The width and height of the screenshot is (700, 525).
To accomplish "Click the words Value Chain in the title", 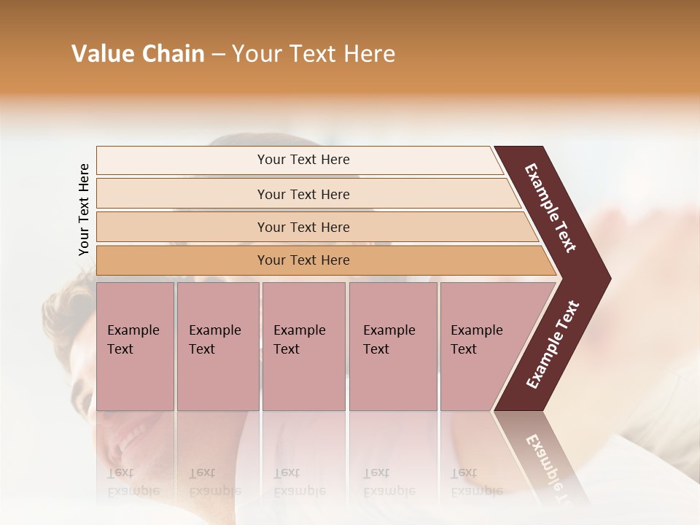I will (138, 54).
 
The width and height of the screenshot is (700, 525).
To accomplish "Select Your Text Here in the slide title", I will (314, 54).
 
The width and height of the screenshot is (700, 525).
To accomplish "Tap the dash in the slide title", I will (218, 55).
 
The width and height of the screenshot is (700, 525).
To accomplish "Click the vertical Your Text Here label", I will (84, 209).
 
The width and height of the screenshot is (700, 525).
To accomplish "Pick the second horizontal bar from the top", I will (303, 194).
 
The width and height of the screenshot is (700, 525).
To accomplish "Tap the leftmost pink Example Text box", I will (135, 346).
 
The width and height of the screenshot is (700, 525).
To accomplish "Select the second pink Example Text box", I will (217, 346).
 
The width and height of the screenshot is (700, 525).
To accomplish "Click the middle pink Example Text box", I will (303, 346).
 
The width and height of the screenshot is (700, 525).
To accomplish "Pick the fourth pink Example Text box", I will (393, 346).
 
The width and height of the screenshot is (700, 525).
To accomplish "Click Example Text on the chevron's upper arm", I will (551, 208).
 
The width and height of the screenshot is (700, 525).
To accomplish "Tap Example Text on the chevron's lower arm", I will (553, 345).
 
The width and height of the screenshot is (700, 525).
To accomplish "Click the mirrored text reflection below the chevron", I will (545, 467).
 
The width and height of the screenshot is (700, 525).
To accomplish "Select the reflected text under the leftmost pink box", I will (133, 482).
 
